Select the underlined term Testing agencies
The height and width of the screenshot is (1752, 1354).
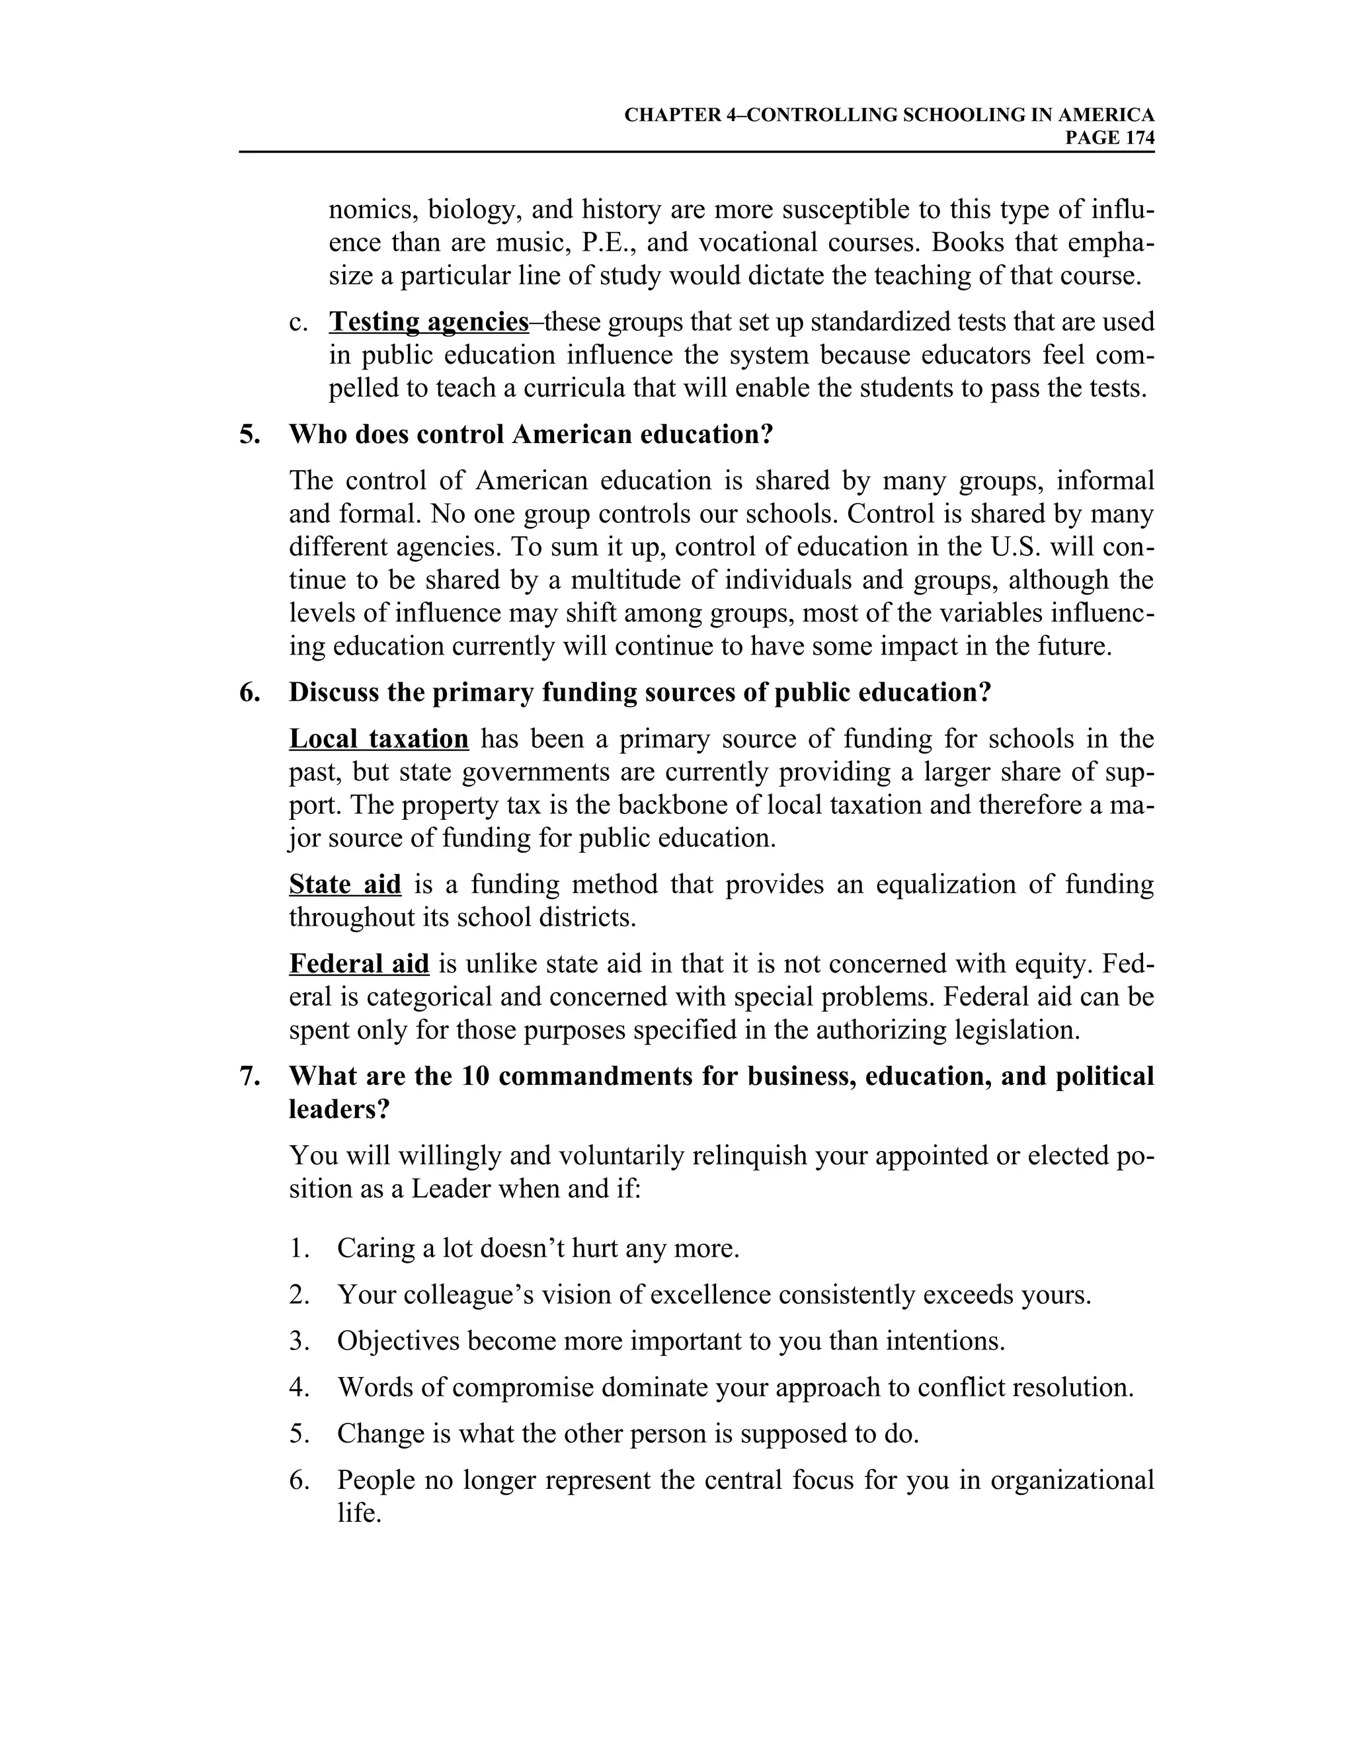tap(428, 323)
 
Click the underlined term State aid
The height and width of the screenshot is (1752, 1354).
tap(345, 885)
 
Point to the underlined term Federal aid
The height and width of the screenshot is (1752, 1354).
tap(358, 963)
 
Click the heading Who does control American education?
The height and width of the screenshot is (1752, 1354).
tap(531, 435)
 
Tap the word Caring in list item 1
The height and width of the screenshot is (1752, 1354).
tap(375, 1248)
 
